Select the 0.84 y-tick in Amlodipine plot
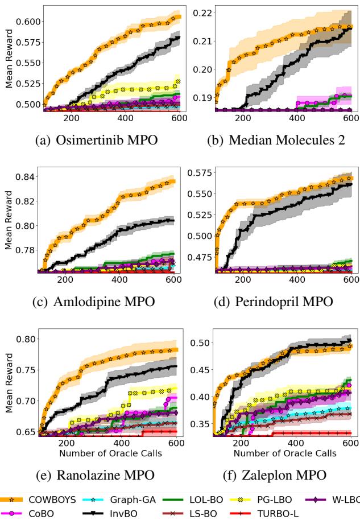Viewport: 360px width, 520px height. click(27, 177)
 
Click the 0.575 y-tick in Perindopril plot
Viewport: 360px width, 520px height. click(198, 172)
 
